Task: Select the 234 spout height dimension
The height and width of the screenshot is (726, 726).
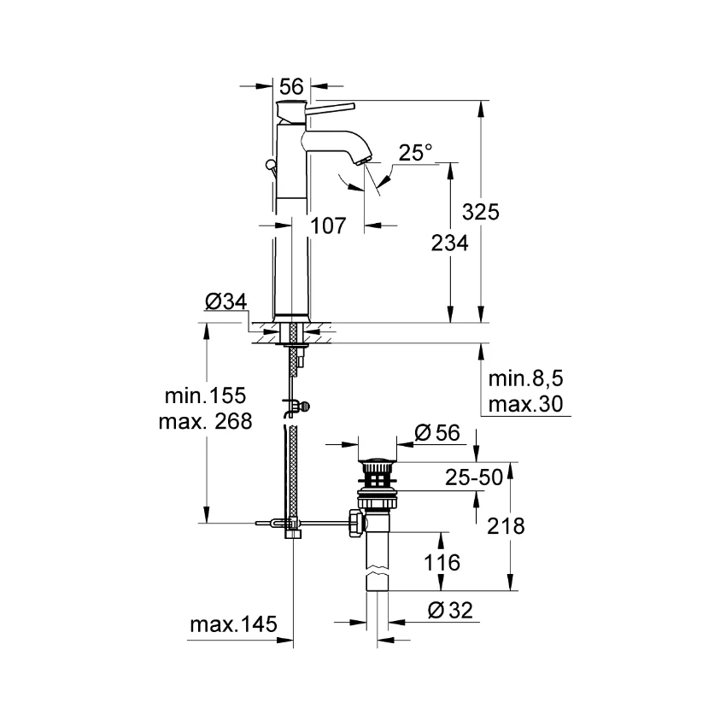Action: tap(449, 244)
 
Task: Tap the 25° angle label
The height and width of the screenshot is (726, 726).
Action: tap(416, 154)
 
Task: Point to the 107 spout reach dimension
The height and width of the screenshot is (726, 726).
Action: tap(328, 226)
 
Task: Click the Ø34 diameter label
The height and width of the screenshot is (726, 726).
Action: tap(225, 302)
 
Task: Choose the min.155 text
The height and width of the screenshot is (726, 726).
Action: tap(207, 395)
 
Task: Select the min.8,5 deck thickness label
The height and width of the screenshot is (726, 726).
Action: tap(528, 378)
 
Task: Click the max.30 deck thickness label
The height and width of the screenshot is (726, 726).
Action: tap(527, 404)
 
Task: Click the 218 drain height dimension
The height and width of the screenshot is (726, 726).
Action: tap(506, 526)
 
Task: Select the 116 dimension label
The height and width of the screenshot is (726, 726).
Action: tap(441, 563)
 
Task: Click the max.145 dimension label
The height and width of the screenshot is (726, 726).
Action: tap(233, 625)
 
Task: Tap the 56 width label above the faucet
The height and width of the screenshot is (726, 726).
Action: tap(292, 86)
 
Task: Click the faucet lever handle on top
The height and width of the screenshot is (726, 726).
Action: tap(329, 107)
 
